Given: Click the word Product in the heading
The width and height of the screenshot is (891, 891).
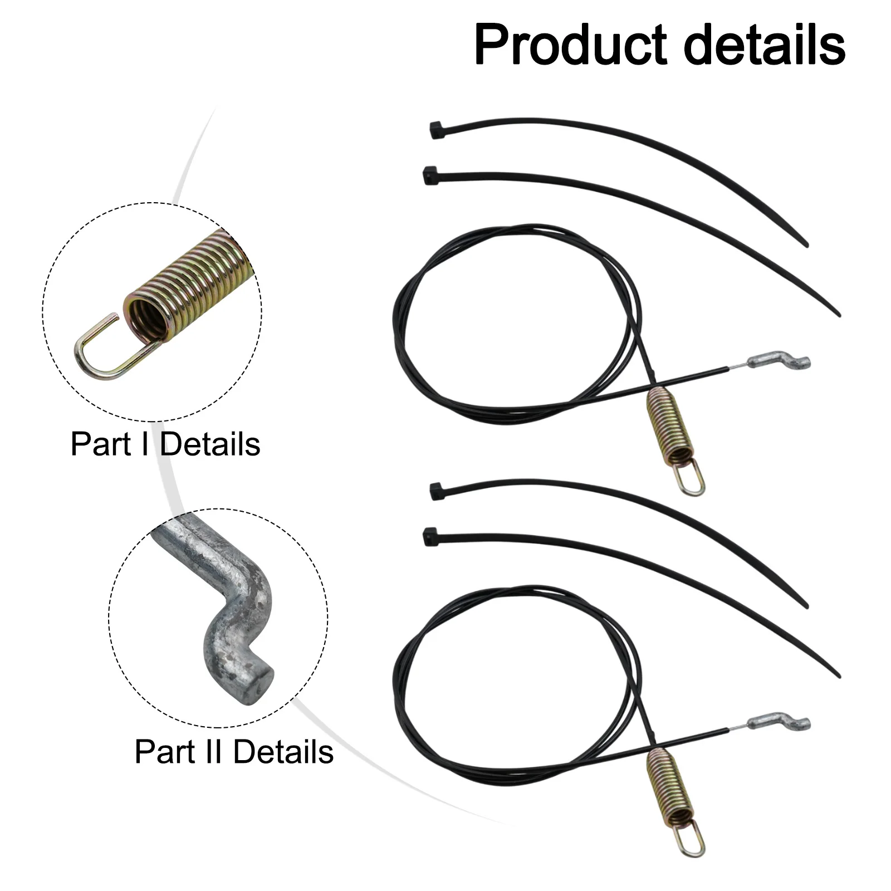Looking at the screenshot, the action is point(571,46).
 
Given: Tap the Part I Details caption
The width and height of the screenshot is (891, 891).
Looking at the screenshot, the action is point(165,444).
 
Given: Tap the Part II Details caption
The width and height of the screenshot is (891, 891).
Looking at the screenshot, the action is point(234,752).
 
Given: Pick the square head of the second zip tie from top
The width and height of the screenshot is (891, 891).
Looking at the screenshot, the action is point(429,175).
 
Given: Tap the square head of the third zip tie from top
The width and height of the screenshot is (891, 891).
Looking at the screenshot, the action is point(436,491).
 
